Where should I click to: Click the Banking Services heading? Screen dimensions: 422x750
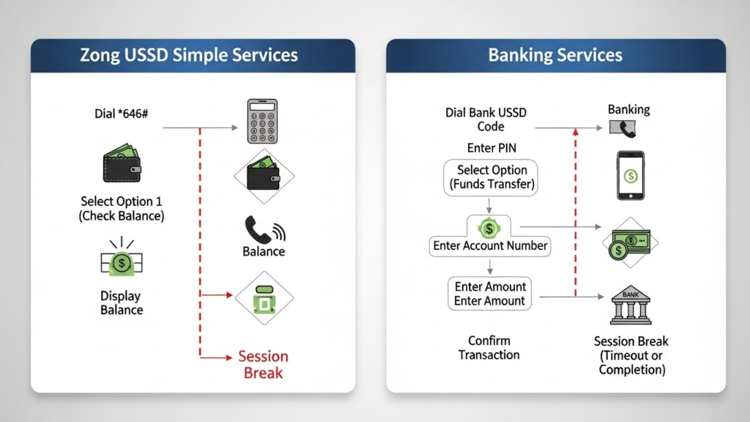point(555,55)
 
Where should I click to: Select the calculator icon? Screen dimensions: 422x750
point(262,122)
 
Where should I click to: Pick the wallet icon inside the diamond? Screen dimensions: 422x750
point(263,175)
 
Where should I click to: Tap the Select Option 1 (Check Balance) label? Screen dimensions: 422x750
point(122,208)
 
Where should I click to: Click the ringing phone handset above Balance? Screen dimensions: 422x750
point(263,229)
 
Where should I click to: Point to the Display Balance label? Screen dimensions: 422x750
point(122,303)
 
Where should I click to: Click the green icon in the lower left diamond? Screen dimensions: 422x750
point(264,298)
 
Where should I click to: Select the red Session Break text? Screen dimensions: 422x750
point(263,364)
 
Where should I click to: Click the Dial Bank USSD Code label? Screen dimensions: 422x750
point(486,119)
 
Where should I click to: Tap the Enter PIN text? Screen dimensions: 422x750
point(491,149)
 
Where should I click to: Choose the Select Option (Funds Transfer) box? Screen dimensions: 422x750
point(491,177)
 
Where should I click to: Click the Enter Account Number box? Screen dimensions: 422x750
point(490,246)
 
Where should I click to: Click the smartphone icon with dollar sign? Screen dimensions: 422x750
point(630,175)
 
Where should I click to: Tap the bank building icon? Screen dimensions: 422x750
point(630,306)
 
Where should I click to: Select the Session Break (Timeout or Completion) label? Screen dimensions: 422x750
point(631,355)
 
